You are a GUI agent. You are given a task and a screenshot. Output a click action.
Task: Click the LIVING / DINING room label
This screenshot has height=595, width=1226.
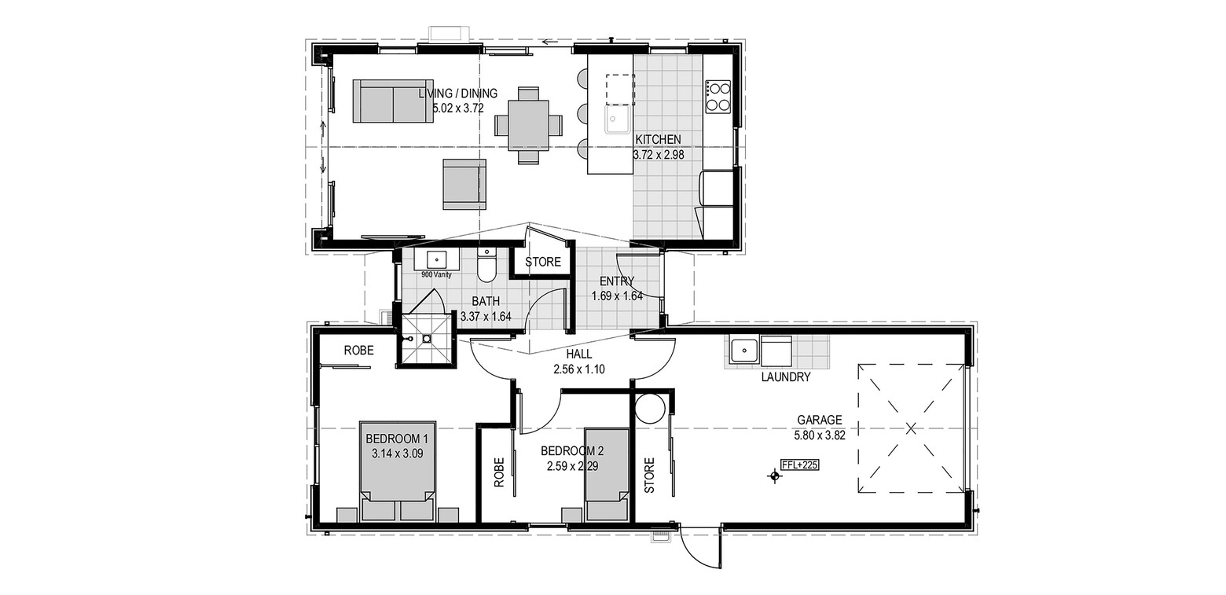[x=458, y=94]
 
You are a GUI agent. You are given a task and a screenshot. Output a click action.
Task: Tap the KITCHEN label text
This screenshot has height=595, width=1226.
[x=658, y=140]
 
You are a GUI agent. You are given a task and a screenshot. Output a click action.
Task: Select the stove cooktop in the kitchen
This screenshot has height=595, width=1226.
[x=718, y=97]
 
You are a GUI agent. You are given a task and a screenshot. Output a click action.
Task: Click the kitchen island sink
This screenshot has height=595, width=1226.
[x=618, y=119]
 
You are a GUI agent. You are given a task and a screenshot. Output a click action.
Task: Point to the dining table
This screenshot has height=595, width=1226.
[x=528, y=125]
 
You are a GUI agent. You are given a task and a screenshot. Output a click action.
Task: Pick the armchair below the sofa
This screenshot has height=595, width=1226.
[x=464, y=185]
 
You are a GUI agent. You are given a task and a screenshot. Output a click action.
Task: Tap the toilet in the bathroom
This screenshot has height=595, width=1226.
[x=486, y=264]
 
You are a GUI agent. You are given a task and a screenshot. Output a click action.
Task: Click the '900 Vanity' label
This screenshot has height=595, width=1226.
[x=436, y=275]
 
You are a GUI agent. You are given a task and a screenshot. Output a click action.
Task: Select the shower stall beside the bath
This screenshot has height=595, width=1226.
[x=427, y=340]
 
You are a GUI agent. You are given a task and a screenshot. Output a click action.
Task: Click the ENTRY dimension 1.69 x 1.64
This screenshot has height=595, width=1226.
[x=617, y=296]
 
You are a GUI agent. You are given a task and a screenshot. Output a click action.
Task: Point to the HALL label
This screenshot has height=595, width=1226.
[x=579, y=354]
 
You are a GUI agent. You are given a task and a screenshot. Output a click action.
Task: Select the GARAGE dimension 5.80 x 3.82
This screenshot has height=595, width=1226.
[x=820, y=435]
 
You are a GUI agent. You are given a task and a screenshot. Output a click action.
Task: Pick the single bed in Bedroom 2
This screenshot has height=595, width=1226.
[x=606, y=474]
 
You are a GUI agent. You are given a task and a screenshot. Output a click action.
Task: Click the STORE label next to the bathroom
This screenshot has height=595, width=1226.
[x=543, y=263]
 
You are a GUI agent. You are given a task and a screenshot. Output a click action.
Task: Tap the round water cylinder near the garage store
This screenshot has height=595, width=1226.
[x=650, y=409]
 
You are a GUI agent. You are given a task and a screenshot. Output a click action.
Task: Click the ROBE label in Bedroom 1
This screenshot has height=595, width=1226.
[x=358, y=351]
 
